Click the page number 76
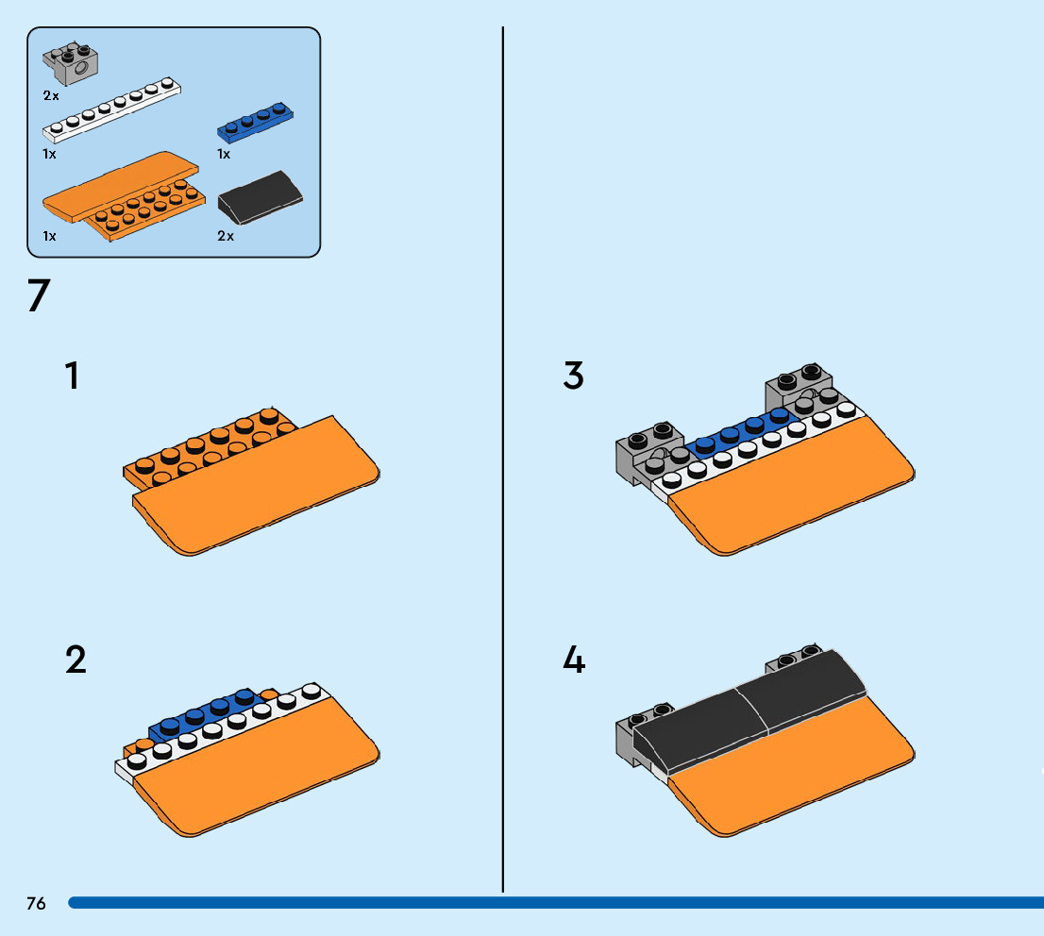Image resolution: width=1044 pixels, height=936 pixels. click(x=36, y=903)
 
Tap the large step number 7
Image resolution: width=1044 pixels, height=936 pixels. click(x=38, y=296)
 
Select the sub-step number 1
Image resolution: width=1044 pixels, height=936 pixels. click(x=72, y=376)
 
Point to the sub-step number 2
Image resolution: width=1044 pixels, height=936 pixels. click(x=76, y=660)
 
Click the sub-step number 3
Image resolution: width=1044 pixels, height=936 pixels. click(x=573, y=376)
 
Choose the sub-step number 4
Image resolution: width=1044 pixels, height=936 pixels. click(x=574, y=660)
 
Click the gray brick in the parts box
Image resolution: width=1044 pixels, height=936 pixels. click(x=72, y=64)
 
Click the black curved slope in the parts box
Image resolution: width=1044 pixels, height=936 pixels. click(x=261, y=196)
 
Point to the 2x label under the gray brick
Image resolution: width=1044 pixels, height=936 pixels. click(x=51, y=95)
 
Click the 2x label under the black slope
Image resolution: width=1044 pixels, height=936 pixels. click(x=226, y=236)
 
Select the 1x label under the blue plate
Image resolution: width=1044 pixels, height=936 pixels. click(x=224, y=153)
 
